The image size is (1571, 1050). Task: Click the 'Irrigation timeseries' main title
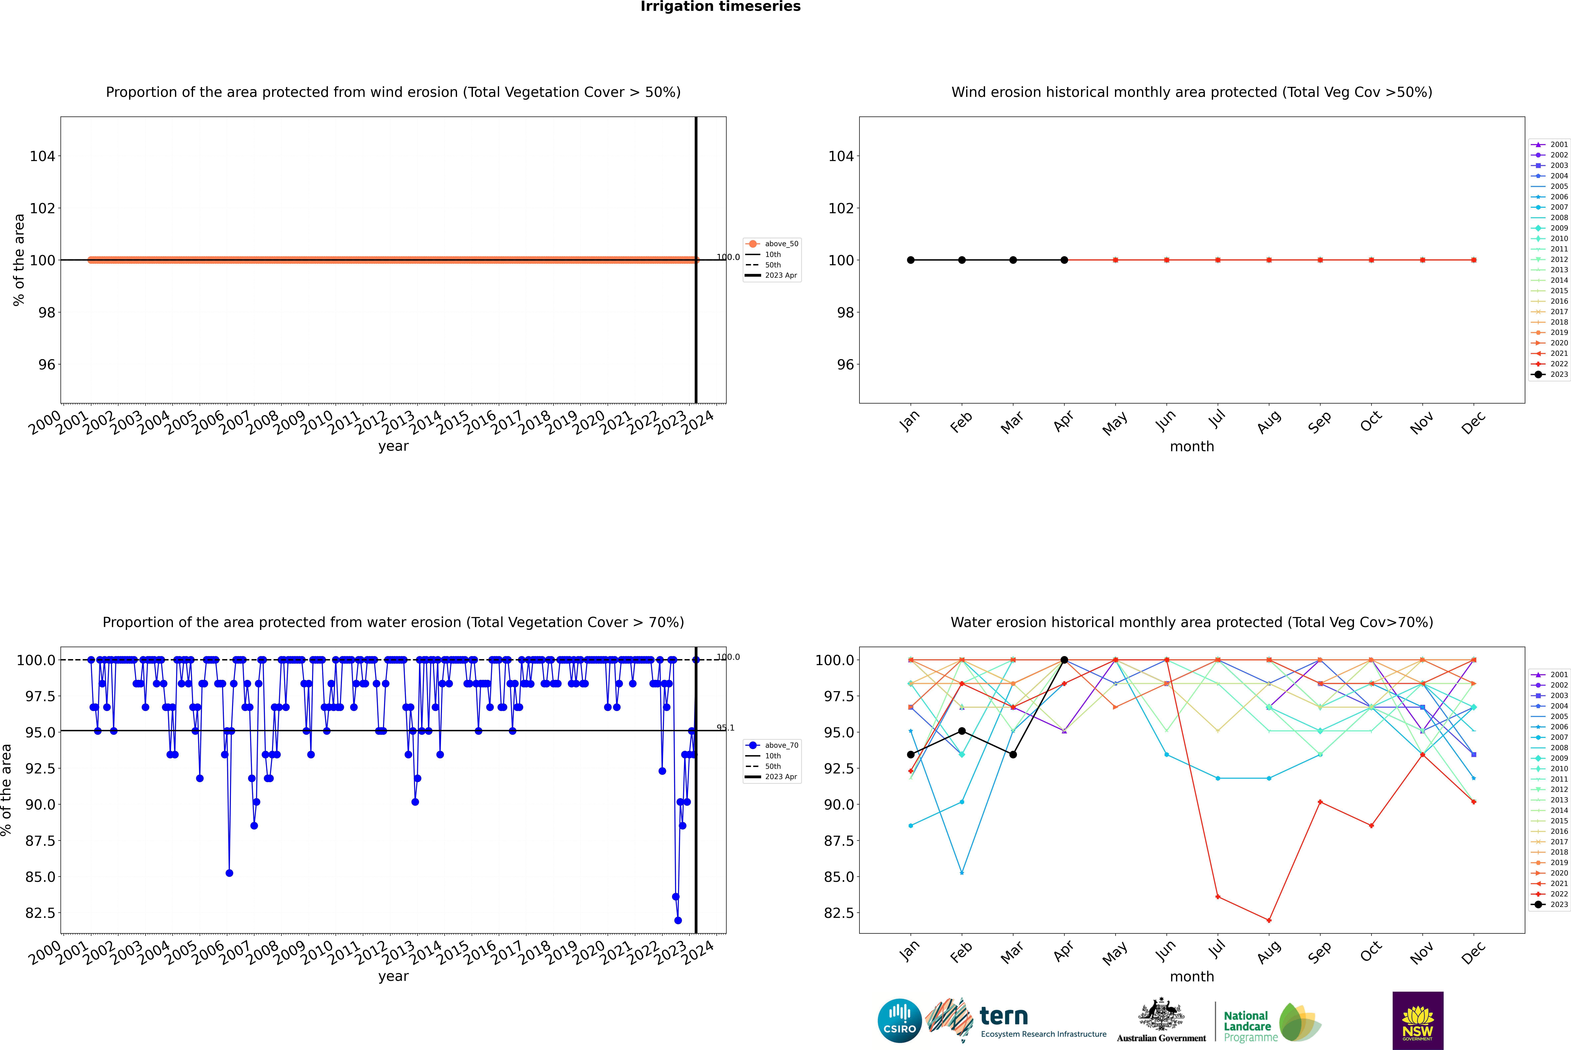click(720, 7)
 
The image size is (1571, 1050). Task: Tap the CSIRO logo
click(899, 1021)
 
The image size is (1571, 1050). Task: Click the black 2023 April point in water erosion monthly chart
click(1064, 660)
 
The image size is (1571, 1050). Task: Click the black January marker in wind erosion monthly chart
click(911, 260)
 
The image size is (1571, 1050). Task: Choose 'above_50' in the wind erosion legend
click(781, 244)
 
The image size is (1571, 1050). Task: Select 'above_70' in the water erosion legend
click(781, 745)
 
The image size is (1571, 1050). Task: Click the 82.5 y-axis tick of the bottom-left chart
click(40, 913)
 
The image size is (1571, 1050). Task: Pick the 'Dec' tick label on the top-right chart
click(1473, 423)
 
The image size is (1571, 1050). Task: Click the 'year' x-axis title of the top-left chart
click(393, 446)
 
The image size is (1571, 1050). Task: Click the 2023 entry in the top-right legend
click(1559, 374)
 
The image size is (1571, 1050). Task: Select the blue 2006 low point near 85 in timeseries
click(229, 873)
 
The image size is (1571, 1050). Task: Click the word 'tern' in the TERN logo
click(1003, 1017)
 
